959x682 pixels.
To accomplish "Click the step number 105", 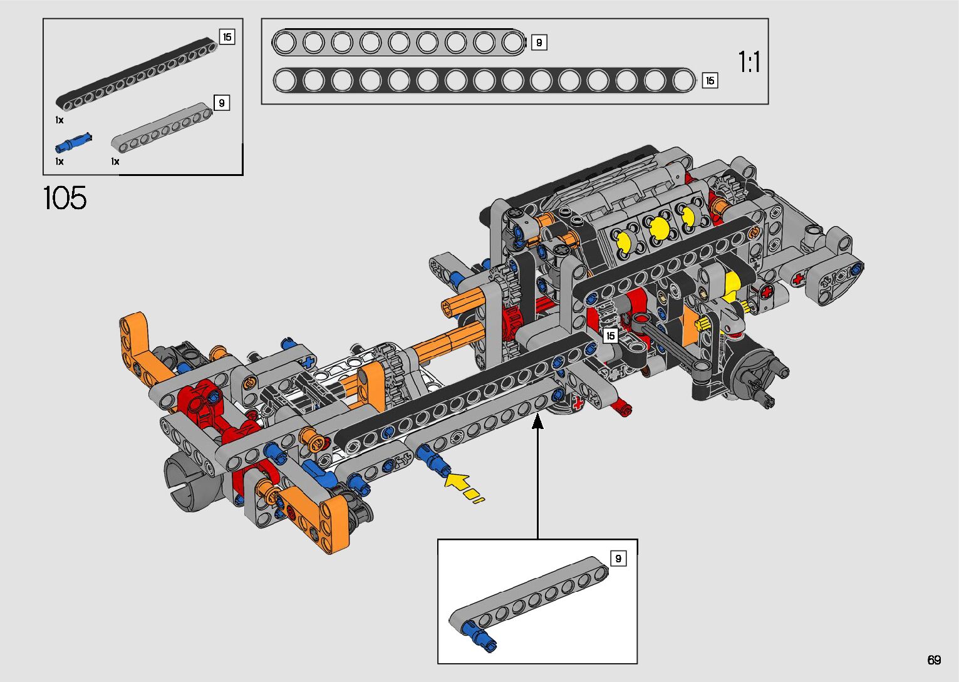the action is click(65, 198).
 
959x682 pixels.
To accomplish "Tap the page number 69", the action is click(934, 659).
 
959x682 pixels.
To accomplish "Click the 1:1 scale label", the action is click(749, 61).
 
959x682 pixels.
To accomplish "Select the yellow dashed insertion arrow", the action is click(464, 488).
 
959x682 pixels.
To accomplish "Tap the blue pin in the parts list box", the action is click(73, 143).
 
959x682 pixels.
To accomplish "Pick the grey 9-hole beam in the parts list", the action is click(162, 127).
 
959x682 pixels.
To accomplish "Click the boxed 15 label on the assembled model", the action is click(611, 336).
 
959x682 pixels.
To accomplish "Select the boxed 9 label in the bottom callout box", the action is click(618, 558).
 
